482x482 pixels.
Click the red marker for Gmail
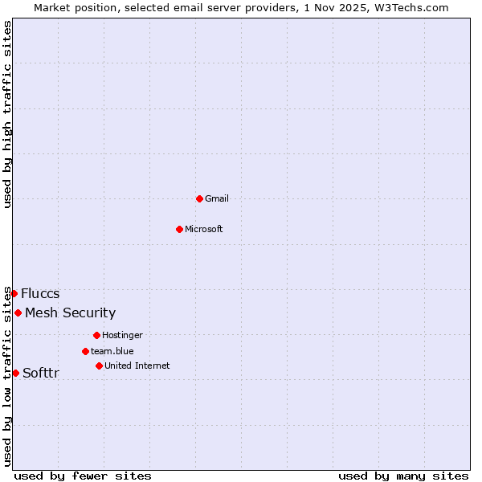click(199, 198)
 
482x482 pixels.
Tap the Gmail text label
click(217, 198)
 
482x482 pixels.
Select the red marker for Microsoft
click(179, 229)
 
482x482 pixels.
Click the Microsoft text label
click(204, 229)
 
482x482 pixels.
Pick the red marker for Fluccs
click(14, 293)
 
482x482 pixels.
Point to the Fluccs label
click(40, 293)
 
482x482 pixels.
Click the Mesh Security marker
click(18, 312)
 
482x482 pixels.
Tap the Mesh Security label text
click(70, 312)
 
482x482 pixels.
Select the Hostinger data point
click(96, 335)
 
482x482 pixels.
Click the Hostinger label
click(122, 335)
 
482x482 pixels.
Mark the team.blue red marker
click(85, 351)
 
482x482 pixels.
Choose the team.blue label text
click(112, 351)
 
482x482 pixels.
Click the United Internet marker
click(99, 366)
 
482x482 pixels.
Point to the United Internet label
click(137, 366)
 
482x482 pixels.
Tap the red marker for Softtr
click(15, 373)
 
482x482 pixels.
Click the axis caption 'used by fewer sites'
click(83, 476)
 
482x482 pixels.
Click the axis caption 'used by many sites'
click(403, 476)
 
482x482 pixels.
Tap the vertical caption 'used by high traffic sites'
click(7, 114)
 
